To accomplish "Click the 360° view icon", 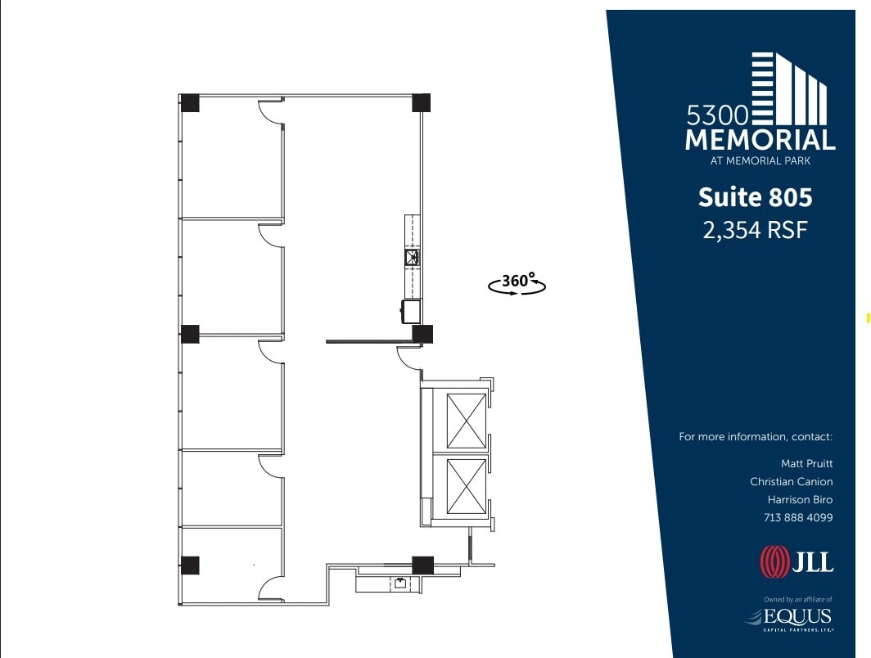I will coord(517,283).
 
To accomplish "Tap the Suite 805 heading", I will coord(755,197).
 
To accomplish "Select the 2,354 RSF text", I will coord(755,230).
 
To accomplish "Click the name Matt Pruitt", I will coord(806,463).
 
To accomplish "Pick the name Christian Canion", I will coord(791,481).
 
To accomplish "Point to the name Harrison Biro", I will coord(800,499).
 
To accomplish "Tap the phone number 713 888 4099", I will coord(798,517).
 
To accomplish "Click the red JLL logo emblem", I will coord(774,562).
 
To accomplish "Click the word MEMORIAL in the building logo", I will coord(760,139).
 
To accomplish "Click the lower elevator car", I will coord(465,486).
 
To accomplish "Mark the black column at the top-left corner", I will coord(190,103).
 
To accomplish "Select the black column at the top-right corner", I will coord(421,103).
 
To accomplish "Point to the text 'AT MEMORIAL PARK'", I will coord(760,161).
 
